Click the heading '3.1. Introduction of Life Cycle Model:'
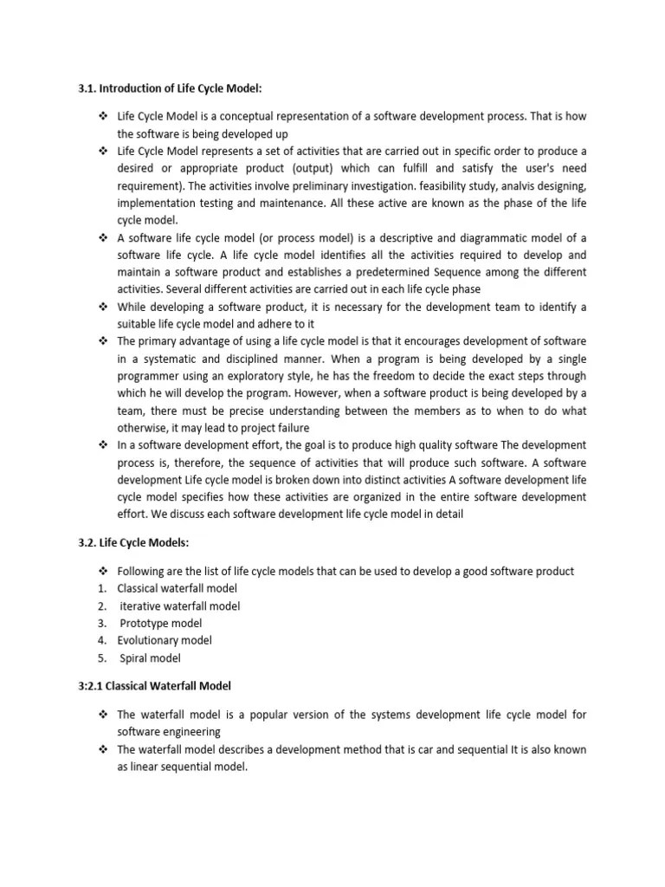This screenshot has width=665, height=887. point(164,88)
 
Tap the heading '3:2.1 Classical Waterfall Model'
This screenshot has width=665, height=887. point(154,686)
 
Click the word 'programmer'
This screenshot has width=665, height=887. point(148,376)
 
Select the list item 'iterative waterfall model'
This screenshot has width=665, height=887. point(179,606)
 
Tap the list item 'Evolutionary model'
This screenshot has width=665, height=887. point(165,641)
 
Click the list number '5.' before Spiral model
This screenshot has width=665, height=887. point(102,658)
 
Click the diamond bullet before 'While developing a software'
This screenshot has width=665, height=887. point(102,307)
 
